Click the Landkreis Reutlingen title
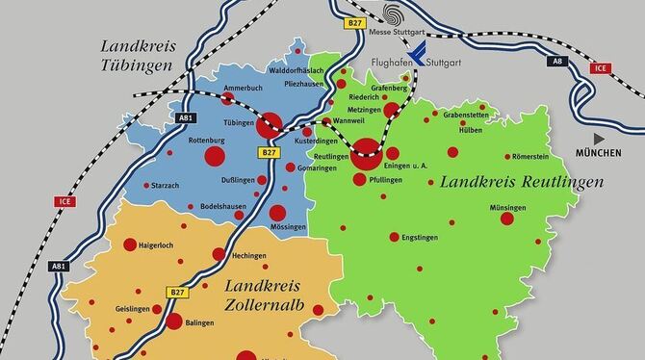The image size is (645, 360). pyautogui.click(x=521, y=181)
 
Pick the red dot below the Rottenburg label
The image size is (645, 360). pyautogui.click(x=213, y=157)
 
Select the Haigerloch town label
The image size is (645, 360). pyautogui.click(x=160, y=245)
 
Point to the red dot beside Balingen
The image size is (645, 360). pyautogui.click(x=174, y=322)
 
